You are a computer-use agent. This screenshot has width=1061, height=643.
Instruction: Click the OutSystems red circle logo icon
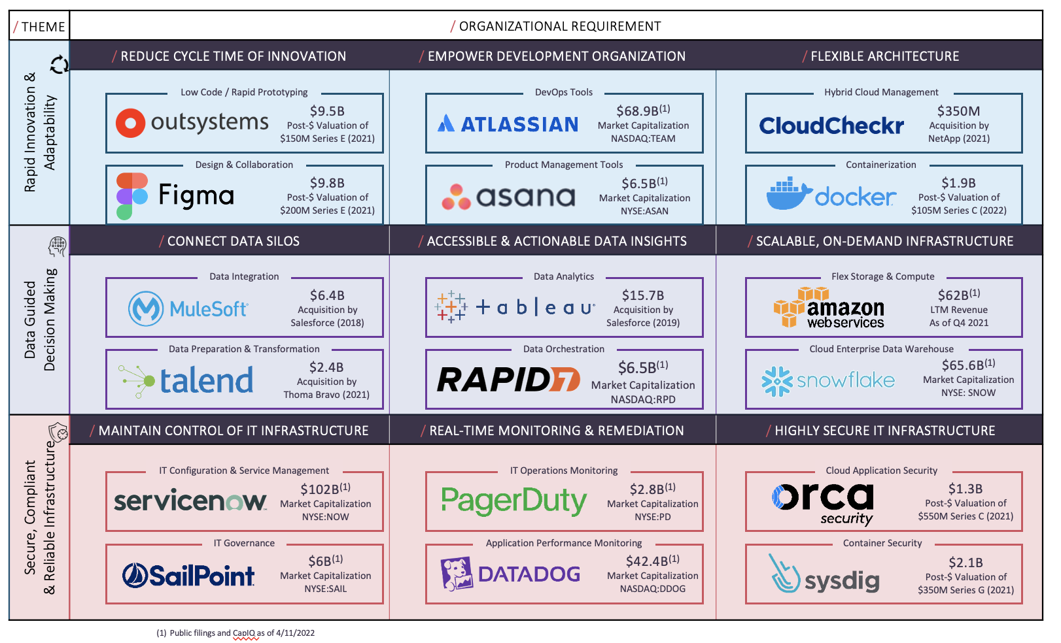click(130, 123)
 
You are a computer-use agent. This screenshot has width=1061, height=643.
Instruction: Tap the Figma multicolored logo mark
click(132, 196)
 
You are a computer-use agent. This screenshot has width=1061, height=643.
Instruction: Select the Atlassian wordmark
click(519, 124)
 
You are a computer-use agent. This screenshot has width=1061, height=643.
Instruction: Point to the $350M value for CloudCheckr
click(958, 111)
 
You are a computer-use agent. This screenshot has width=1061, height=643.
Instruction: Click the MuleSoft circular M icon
click(146, 308)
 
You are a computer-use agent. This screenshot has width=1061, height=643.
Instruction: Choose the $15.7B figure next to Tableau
click(643, 295)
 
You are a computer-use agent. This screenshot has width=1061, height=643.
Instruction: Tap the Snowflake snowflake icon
click(777, 381)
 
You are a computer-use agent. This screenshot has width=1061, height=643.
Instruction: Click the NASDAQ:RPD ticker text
click(643, 399)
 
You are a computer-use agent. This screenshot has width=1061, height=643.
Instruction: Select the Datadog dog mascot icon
click(457, 574)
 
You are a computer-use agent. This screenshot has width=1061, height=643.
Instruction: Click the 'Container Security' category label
click(882, 543)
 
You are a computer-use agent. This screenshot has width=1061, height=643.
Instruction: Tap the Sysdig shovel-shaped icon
click(784, 574)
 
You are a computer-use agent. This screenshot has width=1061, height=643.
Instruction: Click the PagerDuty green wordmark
click(514, 502)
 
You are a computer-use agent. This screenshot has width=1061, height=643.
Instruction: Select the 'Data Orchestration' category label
click(564, 349)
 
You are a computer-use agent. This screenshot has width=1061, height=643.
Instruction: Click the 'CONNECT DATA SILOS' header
click(233, 241)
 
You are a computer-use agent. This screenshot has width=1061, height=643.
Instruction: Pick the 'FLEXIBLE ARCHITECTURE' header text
click(885, 56)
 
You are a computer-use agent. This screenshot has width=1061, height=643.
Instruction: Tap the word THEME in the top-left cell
click(43, 27)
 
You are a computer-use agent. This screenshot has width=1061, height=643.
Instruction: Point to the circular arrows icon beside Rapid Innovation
click(59, 65)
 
